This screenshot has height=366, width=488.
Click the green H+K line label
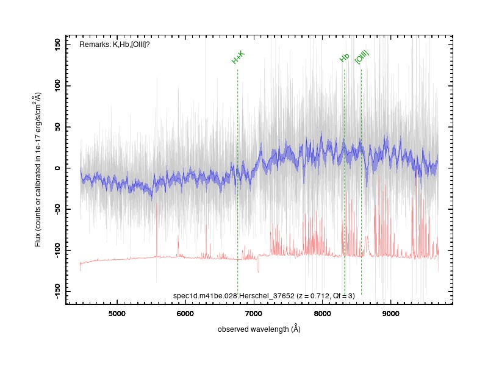pos(239,57)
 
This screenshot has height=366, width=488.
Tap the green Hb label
pos(344,58)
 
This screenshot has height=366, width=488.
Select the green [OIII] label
pos(362,57)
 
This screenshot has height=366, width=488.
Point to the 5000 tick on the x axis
pos(117,314)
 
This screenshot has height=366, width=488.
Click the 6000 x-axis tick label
pos(185,314)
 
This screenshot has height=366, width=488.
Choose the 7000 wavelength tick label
pos(254,314)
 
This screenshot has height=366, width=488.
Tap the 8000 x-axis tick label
pos(323,314)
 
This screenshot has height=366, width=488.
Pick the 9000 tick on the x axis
pos(391,314)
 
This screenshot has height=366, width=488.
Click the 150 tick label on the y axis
pos(57,45)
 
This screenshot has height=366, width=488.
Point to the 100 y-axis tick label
pos(57,86)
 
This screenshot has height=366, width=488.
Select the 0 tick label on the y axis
pos(57,168)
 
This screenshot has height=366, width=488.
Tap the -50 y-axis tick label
pos(57,209)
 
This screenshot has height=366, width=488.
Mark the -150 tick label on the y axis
pos(57,292)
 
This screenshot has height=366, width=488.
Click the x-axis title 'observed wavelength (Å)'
pos(259,329)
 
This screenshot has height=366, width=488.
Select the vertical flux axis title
pos(37,170)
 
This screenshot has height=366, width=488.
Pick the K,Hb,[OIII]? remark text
pos(131,45)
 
